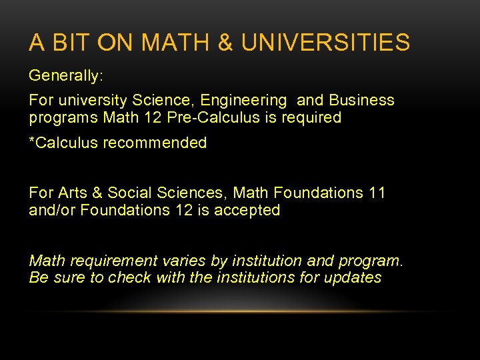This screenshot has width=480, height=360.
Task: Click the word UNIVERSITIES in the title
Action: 325,43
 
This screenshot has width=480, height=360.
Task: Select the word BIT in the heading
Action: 70,43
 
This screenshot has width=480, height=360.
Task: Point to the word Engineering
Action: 244,101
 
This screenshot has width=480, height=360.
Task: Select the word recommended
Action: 163,143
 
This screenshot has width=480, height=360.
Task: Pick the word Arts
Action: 73,193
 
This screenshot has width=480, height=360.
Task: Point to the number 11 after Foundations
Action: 377,193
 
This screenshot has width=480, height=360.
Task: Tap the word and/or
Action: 52,211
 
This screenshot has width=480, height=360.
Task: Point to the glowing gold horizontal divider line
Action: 240,311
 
